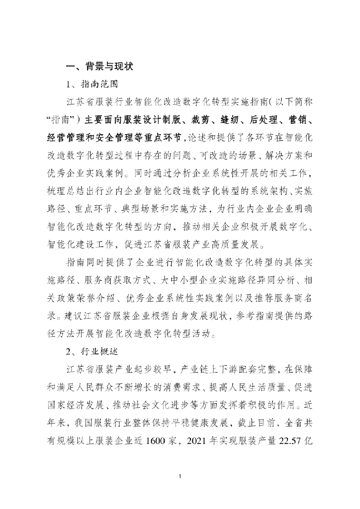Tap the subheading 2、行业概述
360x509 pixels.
[92, 350]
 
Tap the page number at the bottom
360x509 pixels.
[180, 477]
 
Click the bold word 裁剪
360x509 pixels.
[208, 120]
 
